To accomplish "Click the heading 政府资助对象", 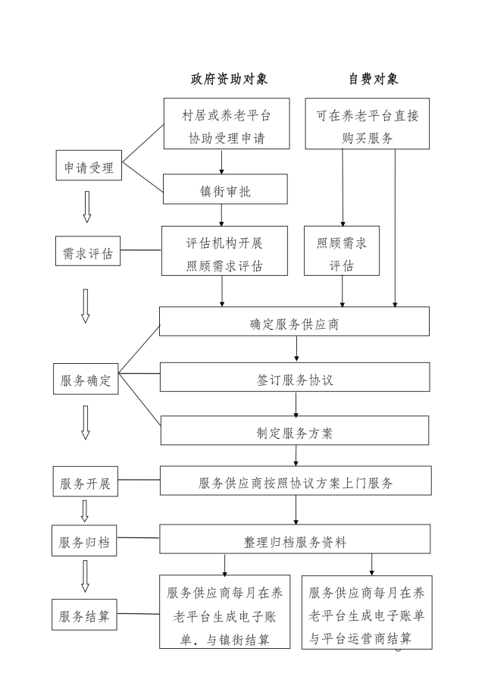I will (x=228, y=79).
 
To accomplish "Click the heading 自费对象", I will (x=373, y=79).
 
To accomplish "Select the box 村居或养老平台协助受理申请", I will (x=226, y=127).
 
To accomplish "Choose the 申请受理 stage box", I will (x=89, y=168).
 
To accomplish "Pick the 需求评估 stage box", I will (x=88, y=253).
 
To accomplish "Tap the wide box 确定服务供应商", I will (x=295, y=321).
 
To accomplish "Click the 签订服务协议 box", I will (x=295, y=377).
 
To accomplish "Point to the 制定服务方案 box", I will (x=295, y=432).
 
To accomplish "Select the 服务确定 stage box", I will (x=86, y=381).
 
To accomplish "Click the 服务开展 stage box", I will (x=86, y=483).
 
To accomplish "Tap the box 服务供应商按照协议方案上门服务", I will (x=295, y=481).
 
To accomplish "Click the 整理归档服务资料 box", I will (x=295, y=541).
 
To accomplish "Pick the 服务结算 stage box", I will (x=86, y=616).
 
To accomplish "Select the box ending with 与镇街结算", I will (x=225, y=616).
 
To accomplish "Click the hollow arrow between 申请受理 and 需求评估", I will (x=86, y=206).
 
